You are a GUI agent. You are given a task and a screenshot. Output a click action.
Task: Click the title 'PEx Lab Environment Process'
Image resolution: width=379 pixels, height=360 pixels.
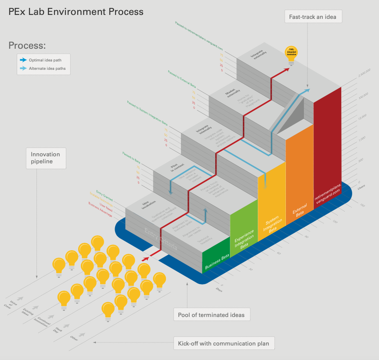point(76,12)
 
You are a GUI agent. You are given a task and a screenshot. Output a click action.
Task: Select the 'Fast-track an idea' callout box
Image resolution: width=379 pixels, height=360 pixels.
point(312,17)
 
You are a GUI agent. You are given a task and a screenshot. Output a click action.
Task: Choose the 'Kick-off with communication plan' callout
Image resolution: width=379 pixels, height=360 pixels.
point(224,343)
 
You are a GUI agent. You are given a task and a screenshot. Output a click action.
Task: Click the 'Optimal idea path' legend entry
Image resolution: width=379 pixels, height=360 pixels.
point(43,60)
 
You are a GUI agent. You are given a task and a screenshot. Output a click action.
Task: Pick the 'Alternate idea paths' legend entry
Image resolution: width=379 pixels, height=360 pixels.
point(43,68)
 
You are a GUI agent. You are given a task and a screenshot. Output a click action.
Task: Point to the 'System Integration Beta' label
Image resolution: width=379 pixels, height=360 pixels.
point(272,224)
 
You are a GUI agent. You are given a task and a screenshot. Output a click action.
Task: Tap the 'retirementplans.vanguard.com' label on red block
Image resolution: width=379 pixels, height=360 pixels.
point(327,191)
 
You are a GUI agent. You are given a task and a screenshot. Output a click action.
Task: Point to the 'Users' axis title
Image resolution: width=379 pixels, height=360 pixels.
point(361,186)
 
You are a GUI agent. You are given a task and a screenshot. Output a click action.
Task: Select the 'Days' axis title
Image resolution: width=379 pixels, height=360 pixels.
point(218,289)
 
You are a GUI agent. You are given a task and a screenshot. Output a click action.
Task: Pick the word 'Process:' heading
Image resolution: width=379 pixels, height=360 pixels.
point(27,46)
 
